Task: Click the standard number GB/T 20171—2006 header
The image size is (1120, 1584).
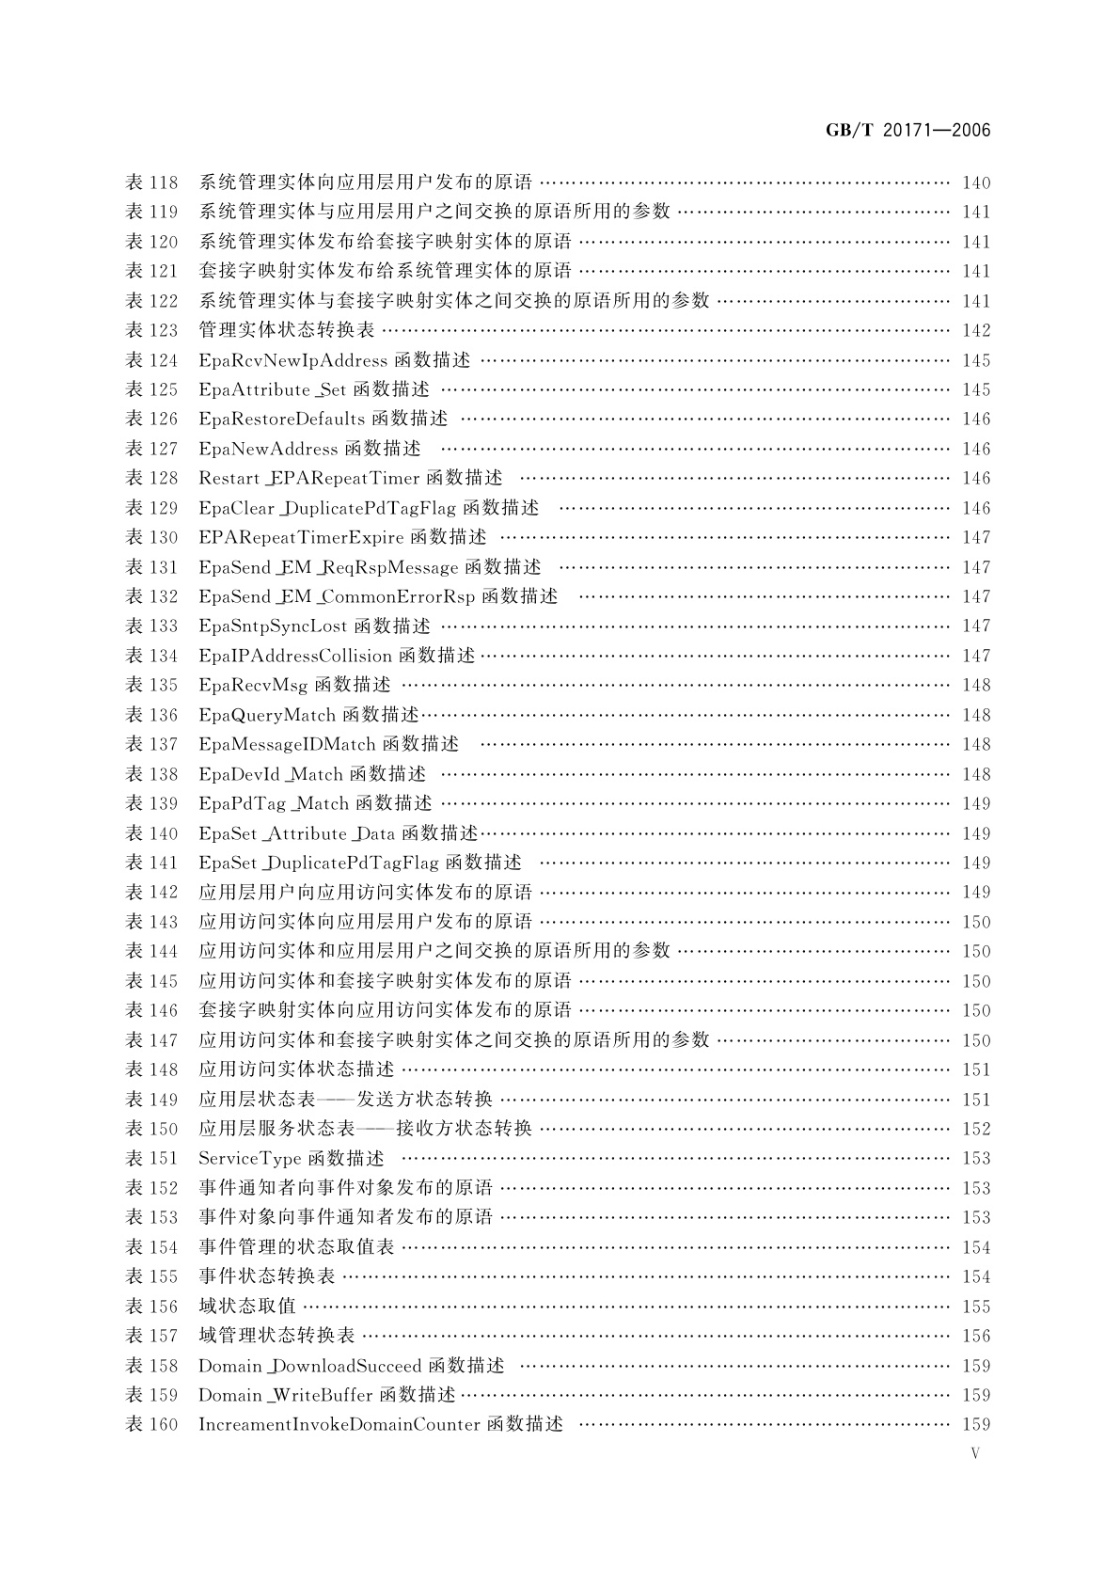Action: (907, 131)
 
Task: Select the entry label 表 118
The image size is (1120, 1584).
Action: (151, 182)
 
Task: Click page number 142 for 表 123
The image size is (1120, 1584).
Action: (976, 330)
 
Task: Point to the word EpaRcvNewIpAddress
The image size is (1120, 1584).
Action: (292, 360)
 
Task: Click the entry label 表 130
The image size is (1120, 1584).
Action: (151, 537)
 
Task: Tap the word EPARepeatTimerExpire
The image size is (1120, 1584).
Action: (301, 537)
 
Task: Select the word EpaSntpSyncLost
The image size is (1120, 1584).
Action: (273, 626)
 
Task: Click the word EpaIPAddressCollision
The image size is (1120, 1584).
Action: (295, 656)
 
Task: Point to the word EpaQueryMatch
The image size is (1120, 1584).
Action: (267, 715)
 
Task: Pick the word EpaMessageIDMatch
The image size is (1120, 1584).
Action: (287, 744)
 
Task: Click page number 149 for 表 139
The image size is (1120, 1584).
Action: (976, 803)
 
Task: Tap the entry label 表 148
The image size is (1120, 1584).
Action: (151, 1069)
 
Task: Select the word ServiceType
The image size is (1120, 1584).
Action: (249, 1158)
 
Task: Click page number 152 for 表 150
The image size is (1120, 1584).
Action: (976, 1129)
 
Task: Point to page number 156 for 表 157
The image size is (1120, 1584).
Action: (976, 1336)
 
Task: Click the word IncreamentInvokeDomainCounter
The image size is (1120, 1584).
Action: (339, 1424)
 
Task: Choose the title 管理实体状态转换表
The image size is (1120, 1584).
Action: (287, 330)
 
